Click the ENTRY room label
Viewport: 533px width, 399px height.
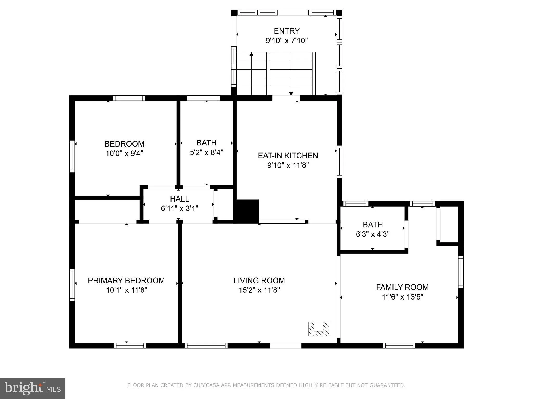(287, 31)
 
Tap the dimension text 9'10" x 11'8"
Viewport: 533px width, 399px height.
(288, 165)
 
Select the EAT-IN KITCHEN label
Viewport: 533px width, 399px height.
(288, 156)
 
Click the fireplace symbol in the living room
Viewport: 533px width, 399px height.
(319, 329)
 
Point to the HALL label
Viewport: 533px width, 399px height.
(179, 199)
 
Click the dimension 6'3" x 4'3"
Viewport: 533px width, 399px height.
(373, 234)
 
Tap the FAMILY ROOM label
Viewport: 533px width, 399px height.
(402, 287)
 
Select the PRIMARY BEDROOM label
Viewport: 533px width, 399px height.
(126, 281)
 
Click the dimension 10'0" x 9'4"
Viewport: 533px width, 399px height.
(124, 153)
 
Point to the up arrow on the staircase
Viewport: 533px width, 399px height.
(251, 54)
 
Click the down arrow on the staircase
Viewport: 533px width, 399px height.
(291, 93)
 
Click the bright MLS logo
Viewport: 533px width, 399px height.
(33, 388)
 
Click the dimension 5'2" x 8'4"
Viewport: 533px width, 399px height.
(206, 152)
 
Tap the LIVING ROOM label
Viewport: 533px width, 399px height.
(259, 281)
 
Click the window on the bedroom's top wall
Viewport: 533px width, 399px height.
(129, 98)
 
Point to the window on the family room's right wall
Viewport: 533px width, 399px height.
(460, 272)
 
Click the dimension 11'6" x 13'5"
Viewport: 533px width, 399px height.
(402, 297)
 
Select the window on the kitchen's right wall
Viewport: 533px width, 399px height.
(339, 162)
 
